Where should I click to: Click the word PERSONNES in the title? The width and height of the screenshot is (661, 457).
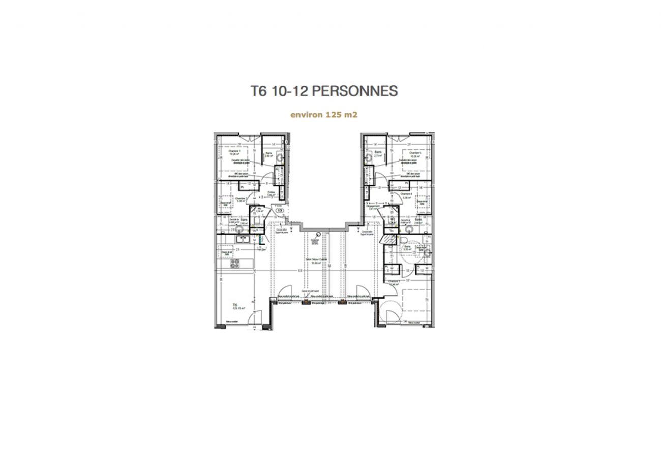(x=354, y=91)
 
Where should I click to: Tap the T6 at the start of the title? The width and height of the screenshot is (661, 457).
(x=259, y=91)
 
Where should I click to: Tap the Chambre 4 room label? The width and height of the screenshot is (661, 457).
(x=406, y=194)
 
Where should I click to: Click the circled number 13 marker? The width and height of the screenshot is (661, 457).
(x=280, y=209)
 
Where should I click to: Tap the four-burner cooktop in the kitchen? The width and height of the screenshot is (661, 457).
(x=235, y=263)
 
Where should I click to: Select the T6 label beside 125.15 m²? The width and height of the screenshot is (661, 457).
(x=235, y=304)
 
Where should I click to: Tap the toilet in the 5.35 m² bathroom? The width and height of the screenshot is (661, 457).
(x=403, y=240)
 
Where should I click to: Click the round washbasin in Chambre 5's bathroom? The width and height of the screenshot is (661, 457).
(x=368, y=158)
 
